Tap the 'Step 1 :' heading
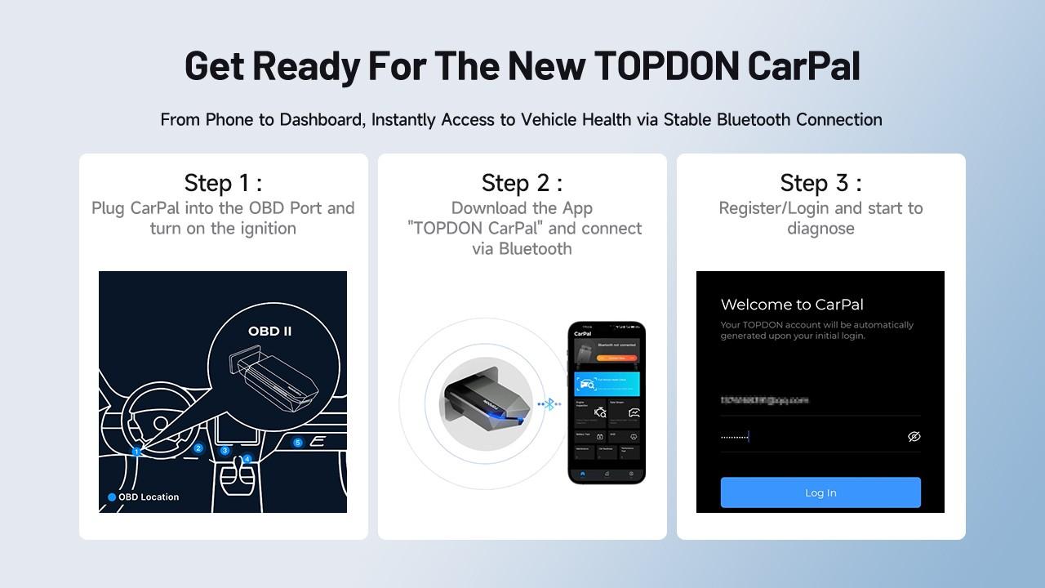click(x=223, y=182)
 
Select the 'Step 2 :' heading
click(x=522, y=182)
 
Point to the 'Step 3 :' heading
click(x=820, y=182)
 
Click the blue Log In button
click(x=820, y=492)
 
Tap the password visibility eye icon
click(x=914, y=437)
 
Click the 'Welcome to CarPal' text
click(x=792, y=305)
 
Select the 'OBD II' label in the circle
click(x=269, y=332)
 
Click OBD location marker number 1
click(x=137, y=452)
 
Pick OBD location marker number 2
click(x=198, y=448)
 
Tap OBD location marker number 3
click(x=225, y=451)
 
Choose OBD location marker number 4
click(x=247, y=459)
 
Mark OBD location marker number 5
click(x=298, y=443)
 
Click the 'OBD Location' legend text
click(x=149, y=497)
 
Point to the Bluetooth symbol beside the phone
click(x=550, y=403)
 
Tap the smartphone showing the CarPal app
click(x=607, y=402)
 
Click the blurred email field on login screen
click(x=765, y=400)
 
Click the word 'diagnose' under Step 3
click(x=820, y=229)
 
